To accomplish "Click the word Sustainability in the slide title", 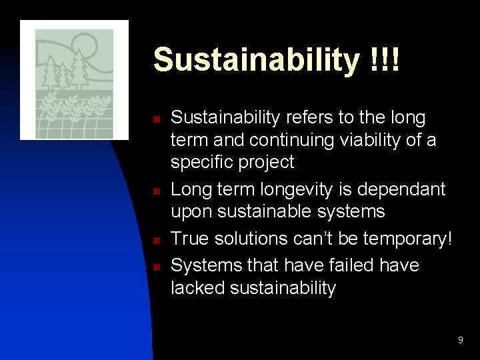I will [255, 61].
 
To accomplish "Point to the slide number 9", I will [460, 341].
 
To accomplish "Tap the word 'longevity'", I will [313, 191].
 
